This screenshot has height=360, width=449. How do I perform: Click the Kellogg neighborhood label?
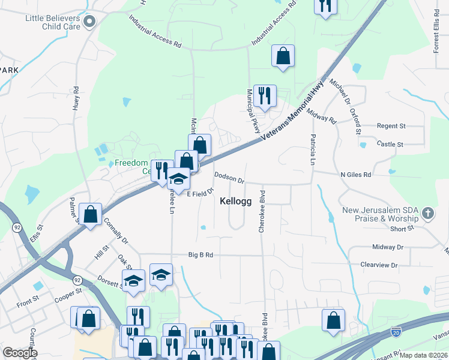tap(235, 202)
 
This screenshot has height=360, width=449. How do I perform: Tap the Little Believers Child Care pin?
tap(90, 22)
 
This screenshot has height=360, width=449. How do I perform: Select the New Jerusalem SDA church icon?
tap(427, 212)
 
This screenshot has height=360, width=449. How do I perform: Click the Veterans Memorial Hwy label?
tap(294, 113)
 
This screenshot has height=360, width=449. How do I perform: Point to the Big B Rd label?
tap(200, 254)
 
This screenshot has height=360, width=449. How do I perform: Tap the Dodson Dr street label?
tap(230, 177)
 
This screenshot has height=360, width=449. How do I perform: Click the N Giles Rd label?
tap(356, 174)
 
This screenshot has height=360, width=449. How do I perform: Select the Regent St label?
tap(391, 127)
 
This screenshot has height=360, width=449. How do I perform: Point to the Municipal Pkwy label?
tap(253, 111)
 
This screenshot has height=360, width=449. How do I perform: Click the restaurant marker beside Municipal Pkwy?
tap(264, 95)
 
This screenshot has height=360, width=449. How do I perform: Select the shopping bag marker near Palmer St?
tap(90, 214)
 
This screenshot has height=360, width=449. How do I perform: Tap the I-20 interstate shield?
tap(396, 331)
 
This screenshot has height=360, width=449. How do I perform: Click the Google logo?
tap(20, 352)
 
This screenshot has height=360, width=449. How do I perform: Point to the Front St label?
tap(28, 304)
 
